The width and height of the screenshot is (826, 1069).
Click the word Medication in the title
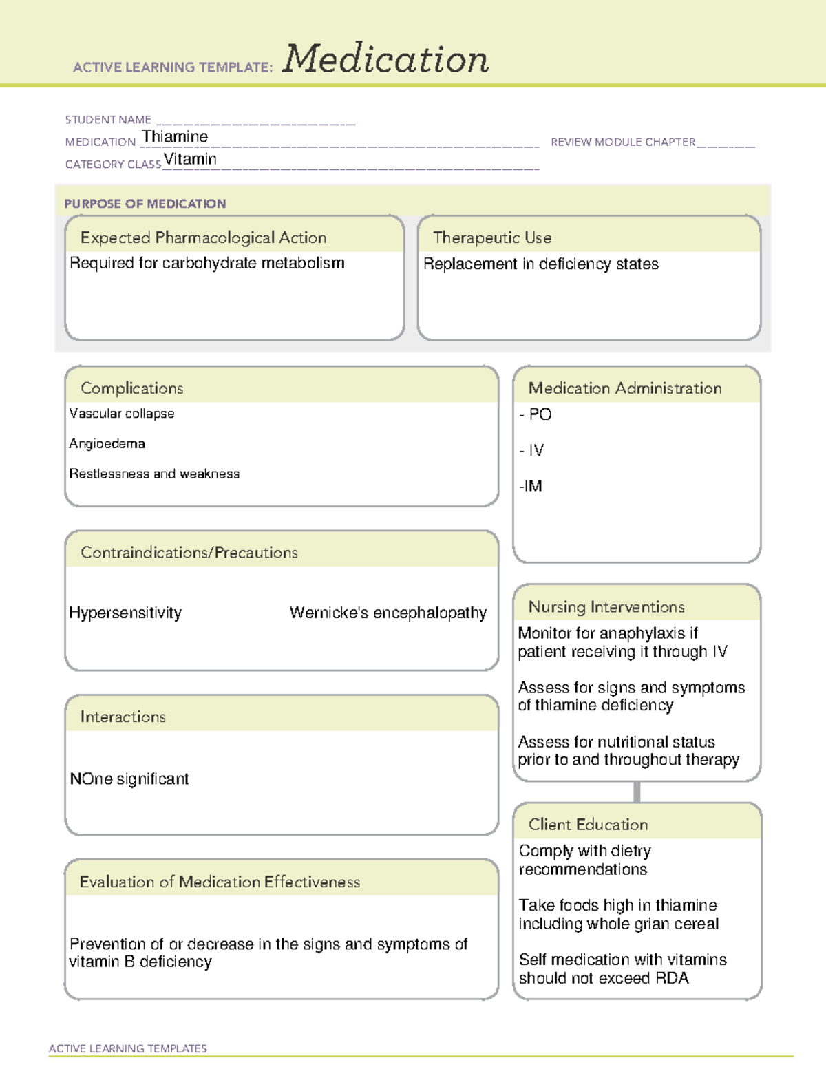[385, 59]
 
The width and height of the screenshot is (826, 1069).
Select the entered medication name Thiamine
[175, 137]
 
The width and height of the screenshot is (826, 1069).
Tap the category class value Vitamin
[190, 159]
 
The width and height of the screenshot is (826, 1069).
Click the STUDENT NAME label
[108, 120]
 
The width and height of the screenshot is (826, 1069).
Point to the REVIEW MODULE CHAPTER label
[623, 142]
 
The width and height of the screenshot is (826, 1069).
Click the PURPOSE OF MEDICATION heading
[145, 204]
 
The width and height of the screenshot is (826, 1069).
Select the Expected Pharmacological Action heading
[203, 237]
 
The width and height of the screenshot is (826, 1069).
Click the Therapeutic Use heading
[492, 237]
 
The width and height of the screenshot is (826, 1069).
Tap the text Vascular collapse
[122, 414]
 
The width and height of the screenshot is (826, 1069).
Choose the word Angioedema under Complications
[107, 444]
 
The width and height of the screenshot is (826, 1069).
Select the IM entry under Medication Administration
[531, 487]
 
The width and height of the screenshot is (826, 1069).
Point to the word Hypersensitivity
[125, 613]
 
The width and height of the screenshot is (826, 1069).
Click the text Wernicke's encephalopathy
[388, 613]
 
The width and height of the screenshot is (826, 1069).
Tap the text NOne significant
[129, 779]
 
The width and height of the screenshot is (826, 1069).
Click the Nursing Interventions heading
[606, 607]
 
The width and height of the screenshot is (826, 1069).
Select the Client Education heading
[588, 825]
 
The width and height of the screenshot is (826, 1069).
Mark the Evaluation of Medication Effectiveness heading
[220, 882]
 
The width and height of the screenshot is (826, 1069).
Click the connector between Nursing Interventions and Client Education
[637, 792]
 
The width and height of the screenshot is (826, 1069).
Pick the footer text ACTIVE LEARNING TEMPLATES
[128, 1048]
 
